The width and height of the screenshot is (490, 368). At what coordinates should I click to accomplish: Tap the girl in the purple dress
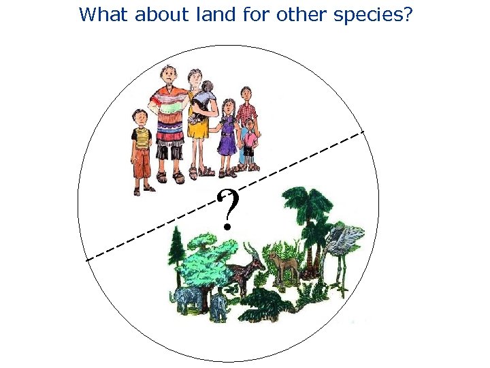[228, 133]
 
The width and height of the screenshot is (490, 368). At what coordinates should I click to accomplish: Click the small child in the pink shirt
[250, 140]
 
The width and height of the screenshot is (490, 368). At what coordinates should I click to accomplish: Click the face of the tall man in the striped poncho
[168, 76]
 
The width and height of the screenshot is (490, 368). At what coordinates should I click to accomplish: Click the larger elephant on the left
[189, 298]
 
